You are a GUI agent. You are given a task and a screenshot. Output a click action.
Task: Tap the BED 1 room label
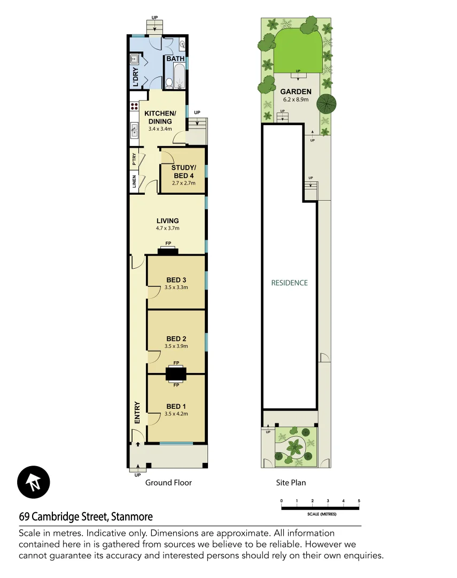tap(176, 407)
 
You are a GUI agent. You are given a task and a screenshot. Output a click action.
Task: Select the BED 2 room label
tap(176, 339)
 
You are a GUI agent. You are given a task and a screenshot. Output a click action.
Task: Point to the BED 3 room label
tap(176, 280)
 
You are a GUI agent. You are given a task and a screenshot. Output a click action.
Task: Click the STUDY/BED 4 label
tap(184, 172)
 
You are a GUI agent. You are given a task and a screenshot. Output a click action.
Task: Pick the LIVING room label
tap(167, 220)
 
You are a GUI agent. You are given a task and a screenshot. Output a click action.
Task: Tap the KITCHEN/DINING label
tap(160, 117)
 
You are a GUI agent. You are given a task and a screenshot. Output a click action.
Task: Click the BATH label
tap(175, 59)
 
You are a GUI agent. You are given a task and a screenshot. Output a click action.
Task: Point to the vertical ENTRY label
tap(137, 413)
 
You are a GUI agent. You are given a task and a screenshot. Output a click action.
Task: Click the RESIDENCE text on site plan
tap(289, 283)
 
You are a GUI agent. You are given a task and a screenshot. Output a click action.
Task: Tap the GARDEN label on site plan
tap(296, 92)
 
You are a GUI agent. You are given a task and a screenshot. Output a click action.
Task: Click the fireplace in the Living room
tap(168, 251)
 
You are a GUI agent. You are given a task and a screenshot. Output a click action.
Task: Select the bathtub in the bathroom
tap(180, 76)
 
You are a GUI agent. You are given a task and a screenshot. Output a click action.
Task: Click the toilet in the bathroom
tap(169, 82)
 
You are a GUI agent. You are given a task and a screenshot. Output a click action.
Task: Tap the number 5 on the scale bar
tap(359, 501)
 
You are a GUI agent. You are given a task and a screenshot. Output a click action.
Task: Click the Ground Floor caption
tap(168, 483)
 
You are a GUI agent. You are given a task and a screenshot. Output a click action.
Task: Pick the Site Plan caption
tap(291, 483)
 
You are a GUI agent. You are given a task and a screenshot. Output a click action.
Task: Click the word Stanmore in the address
tap(131, 517)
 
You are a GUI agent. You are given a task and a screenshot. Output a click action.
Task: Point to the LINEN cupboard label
tap(134, 182)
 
